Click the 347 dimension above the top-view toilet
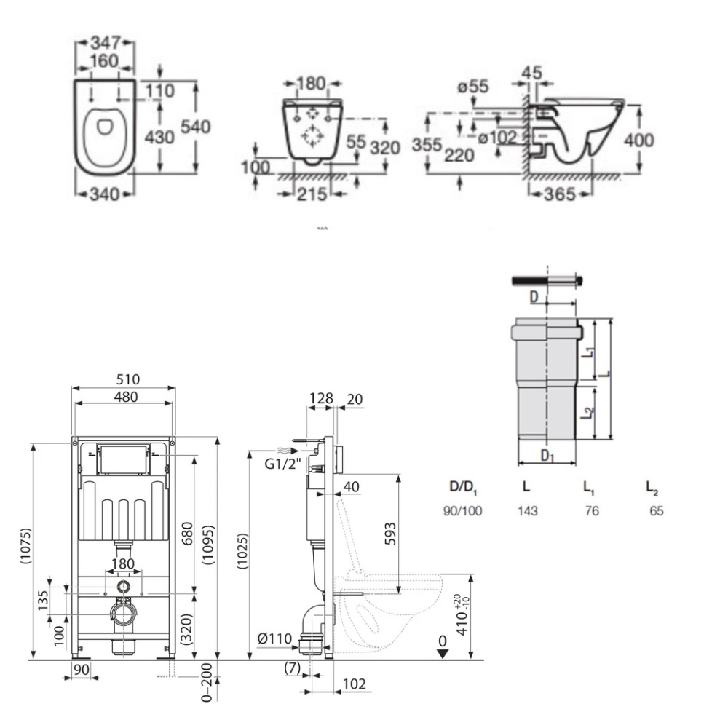[106, 39]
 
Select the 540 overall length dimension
[196, 127]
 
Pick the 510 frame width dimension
[126, 379]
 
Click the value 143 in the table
[527, 511]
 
